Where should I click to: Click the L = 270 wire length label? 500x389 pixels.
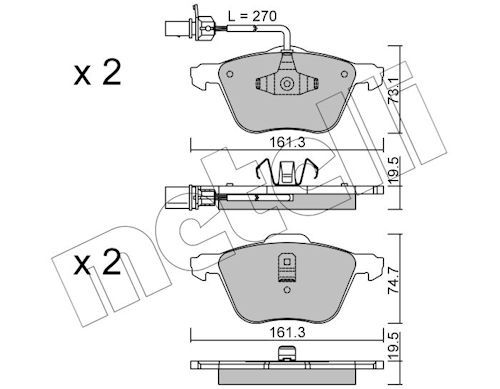[x=252, y=16]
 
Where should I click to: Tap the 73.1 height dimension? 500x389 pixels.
[x=395, y=91]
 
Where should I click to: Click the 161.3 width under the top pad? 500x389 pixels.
[x=287, y=143]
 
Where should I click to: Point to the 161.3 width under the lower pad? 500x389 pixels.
[x=287, y=333]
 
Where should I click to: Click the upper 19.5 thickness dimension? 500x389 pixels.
[x=395, y=171]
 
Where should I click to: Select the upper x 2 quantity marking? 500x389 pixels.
[x=97, y=73]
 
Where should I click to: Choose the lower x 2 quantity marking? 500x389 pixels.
[x=97, y=263]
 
